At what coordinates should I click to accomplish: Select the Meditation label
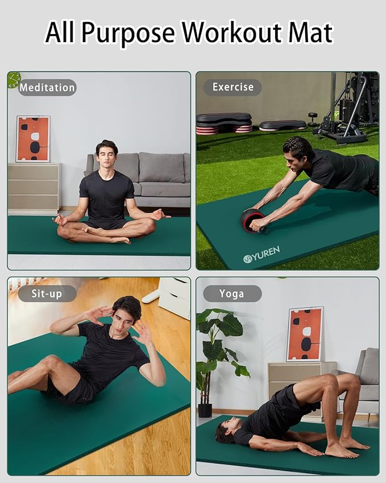click(x=47, y=88)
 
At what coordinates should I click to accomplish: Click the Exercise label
click(x=233, y=87)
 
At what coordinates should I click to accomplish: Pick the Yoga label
click(x=232, y=294)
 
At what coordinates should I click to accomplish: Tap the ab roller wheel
click(x=252, y=220)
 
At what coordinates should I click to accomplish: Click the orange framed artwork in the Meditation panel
click(x=33, y=139)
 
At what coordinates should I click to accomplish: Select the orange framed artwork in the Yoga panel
click(x=305, y=335)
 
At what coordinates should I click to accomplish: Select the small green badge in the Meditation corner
click(x=14, y=80)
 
